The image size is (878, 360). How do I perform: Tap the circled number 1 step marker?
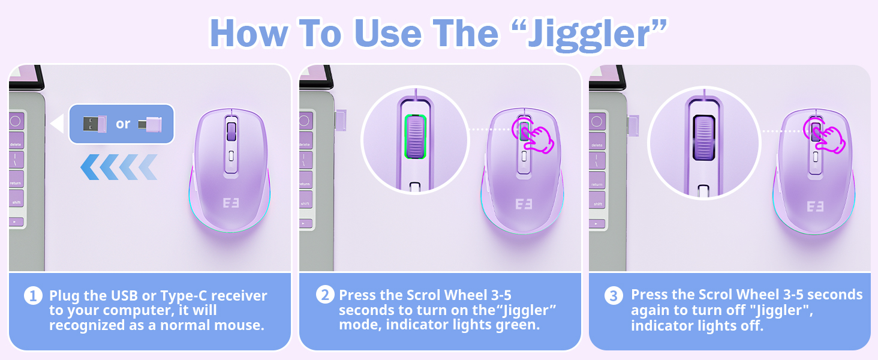pos(33,296)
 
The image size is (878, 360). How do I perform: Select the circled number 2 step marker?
pos(325,295)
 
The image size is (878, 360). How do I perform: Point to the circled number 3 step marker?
pos(614,296)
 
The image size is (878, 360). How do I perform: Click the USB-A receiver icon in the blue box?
pos(95,124)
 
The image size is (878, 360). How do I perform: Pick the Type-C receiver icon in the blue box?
pos(150,125)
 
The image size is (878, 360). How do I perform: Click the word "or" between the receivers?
pos(123,124)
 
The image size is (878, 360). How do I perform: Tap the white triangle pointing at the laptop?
pos(57,124)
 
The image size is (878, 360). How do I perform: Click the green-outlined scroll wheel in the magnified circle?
pos(416,137)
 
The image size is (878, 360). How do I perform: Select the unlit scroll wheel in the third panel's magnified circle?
pos(704,137)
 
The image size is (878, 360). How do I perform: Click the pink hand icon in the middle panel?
pos(533,136)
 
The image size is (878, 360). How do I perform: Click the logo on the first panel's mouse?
pos(231,203)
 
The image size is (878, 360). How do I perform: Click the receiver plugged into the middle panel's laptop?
pos(340,120)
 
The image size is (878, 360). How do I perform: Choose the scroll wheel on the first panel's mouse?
pos(231,132)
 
